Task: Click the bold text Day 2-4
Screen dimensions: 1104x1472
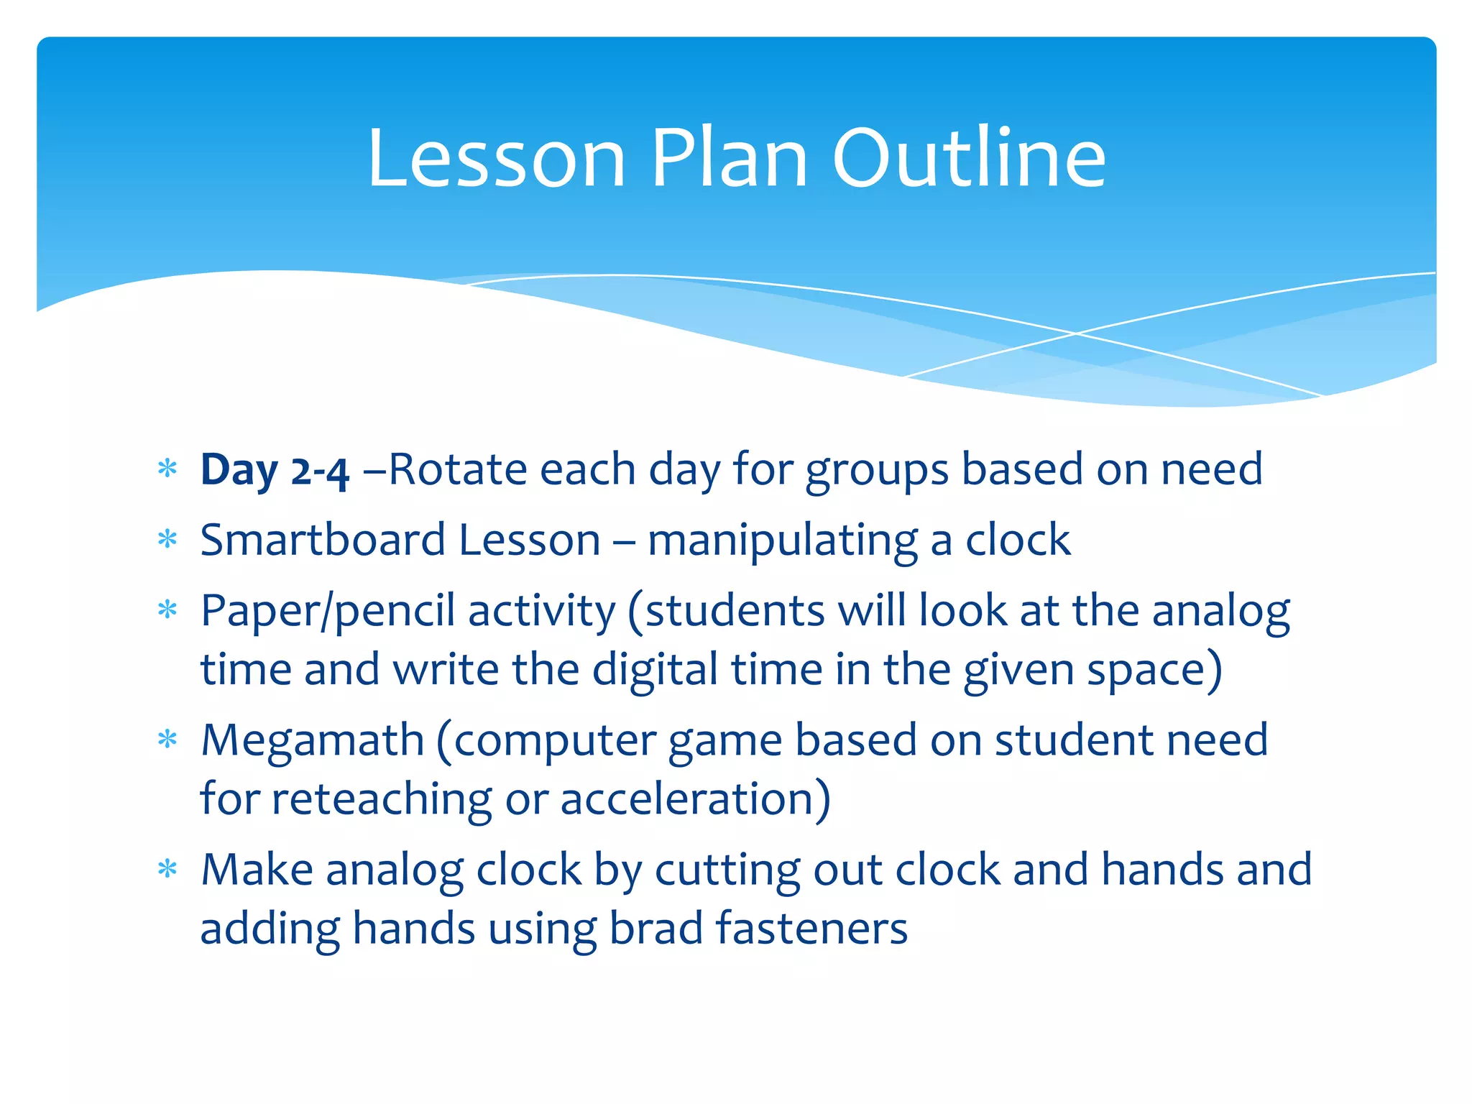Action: pos(275,471)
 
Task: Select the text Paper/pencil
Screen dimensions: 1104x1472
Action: pos(328,612)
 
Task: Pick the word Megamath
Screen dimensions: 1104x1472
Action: pos(312,740)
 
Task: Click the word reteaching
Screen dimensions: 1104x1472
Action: pos(381,800)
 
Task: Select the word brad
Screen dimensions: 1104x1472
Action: pos(655,928)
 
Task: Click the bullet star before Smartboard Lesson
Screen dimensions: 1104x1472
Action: pos(167,539)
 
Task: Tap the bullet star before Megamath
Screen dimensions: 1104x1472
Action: pos(167,739)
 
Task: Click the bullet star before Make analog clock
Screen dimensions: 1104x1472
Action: pos(167,869)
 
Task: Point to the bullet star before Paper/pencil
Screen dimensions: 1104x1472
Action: pos(167,610)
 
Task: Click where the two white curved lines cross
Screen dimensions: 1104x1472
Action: pos(1076,333)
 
